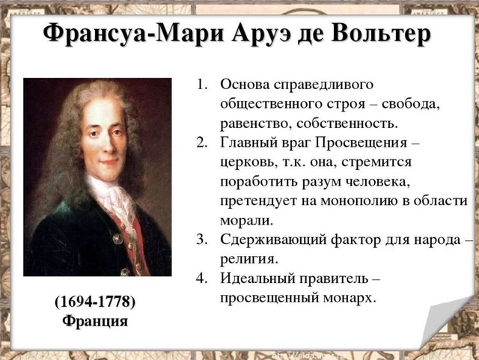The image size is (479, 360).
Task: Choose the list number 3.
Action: point(201,240)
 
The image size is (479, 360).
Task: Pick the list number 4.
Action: point(201,278)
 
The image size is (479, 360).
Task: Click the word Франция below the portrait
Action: point(94,320)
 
